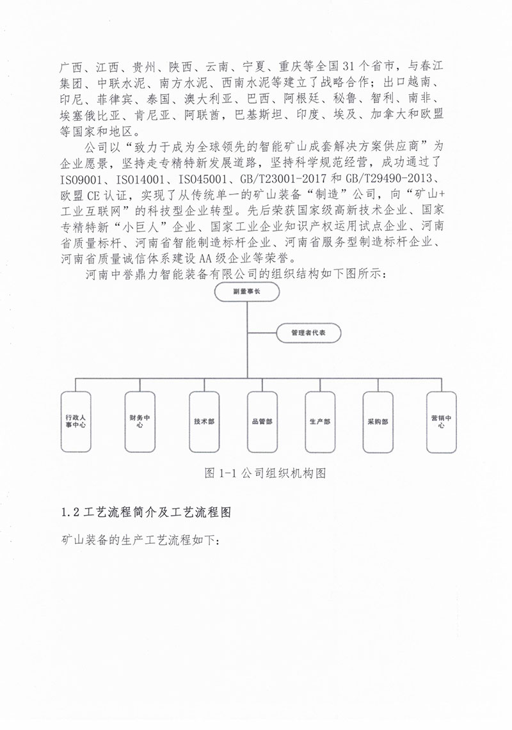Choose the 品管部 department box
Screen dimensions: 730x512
tap(262, 422)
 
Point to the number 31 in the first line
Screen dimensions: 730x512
tap(351, 66)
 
